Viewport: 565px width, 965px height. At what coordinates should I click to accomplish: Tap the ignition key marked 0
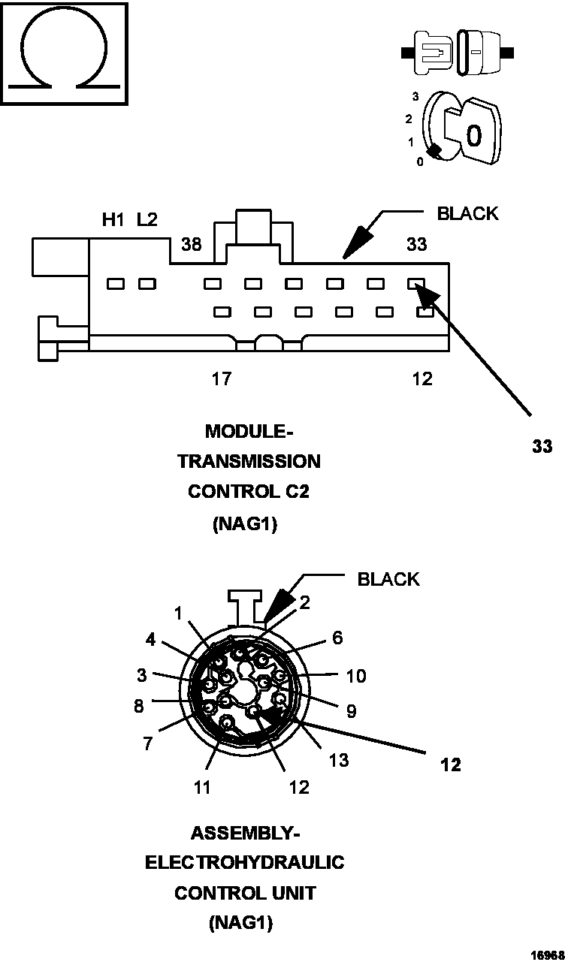[472, 134]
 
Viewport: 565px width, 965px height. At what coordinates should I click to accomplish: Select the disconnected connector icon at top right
[458, 53]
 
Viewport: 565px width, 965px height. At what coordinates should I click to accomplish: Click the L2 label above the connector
[147, 220]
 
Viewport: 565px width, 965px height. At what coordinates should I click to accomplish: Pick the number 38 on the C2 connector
[191, 244]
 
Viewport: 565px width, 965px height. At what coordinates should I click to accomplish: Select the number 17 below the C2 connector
[221, 378]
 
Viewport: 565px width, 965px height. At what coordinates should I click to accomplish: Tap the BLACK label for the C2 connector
[467, 213]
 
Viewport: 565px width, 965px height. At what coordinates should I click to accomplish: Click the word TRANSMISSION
[249, 461]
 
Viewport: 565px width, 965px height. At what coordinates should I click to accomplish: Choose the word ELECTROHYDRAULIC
[244, 863]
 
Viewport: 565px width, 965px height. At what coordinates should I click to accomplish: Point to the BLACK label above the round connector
[388, 579]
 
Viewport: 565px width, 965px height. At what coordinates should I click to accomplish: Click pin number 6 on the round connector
[337, 638]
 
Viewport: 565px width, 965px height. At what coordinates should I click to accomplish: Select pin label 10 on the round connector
[355, 676]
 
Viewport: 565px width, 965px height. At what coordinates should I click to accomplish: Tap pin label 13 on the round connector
[338, 760]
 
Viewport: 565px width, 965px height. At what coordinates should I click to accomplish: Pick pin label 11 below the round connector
[201, 787]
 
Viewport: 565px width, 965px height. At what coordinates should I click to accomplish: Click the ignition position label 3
[415, 97]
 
